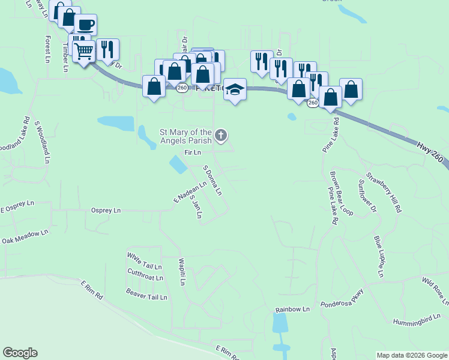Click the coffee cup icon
click(x=85, y=25)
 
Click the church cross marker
click(x=221, y=136)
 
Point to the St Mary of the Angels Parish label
click(x=185, y=136)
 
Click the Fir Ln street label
click(x=192, y=153)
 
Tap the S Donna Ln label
click(x=212, y=181)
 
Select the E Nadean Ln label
click(x=190, y=191)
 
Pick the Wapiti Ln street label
click(x=182, y=272)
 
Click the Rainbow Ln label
click(x=292, y=310)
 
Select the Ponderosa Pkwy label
click(x=342, y=298)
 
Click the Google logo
click(x=20, y=353)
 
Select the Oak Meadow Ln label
click(x=25, y=236)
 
